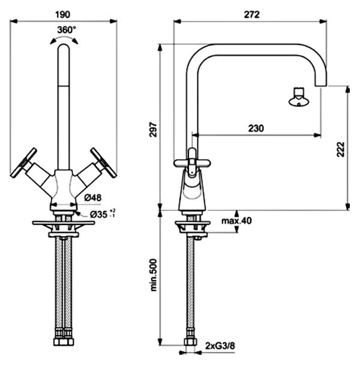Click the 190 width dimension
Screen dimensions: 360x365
(x=62, y=15)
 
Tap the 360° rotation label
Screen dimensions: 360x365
(x=67, y=30)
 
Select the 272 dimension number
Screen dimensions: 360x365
(x=251, y=15)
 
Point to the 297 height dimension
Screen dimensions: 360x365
(x=154, y=130)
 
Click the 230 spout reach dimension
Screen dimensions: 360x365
(x=256, y=128)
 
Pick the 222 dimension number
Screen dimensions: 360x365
(x=340, y=149)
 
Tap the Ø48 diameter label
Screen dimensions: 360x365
(x=93, y=198)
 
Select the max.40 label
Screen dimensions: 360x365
(x=236, y=221)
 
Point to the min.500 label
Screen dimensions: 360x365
(x=154, y=275)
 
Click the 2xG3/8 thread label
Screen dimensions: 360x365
(x=220, y=346)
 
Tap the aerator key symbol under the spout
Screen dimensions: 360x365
(x=299, y=97)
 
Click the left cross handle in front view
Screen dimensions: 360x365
(x=23, y=163)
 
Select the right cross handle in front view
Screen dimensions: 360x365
(x=103, y=163)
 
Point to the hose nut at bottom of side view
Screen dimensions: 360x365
(x=190, y=342)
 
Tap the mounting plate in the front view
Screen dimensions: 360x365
(x=64, y=223)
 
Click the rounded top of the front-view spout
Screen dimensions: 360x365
(x=64, y=47)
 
